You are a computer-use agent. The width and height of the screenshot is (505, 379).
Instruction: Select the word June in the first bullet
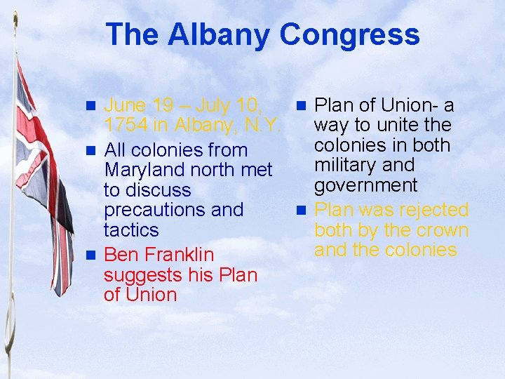(126, 106)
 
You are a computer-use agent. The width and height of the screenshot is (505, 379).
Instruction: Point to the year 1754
(126, 126)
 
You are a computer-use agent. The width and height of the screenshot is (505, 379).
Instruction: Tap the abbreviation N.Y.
(260, 126)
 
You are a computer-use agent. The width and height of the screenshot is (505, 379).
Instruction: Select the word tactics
(131, 230)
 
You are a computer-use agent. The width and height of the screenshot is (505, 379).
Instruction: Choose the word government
(365, 185)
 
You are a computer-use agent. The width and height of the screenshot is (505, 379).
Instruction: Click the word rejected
(432, 210)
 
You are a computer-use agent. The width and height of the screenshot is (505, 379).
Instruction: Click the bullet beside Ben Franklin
(90, 254)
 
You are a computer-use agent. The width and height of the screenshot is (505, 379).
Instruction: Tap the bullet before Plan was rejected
(302, 210)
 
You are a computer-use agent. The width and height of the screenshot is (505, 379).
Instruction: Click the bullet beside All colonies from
(90, 150)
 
